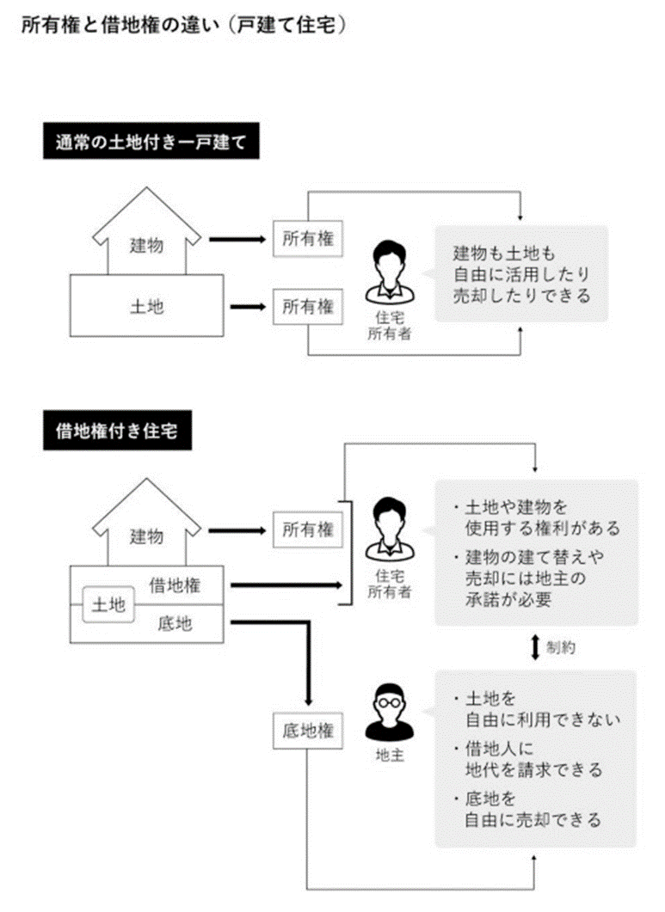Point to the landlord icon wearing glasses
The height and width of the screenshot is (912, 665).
point(384,713)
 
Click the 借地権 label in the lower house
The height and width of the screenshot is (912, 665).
point(175,586)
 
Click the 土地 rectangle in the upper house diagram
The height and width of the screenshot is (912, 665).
point(146,306)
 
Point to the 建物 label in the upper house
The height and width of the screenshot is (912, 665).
point(146,246)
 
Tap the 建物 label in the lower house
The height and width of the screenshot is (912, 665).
point(146,536)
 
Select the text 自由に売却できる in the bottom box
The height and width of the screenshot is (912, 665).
point(533,819)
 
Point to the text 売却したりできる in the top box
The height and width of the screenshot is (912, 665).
point(522,296)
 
